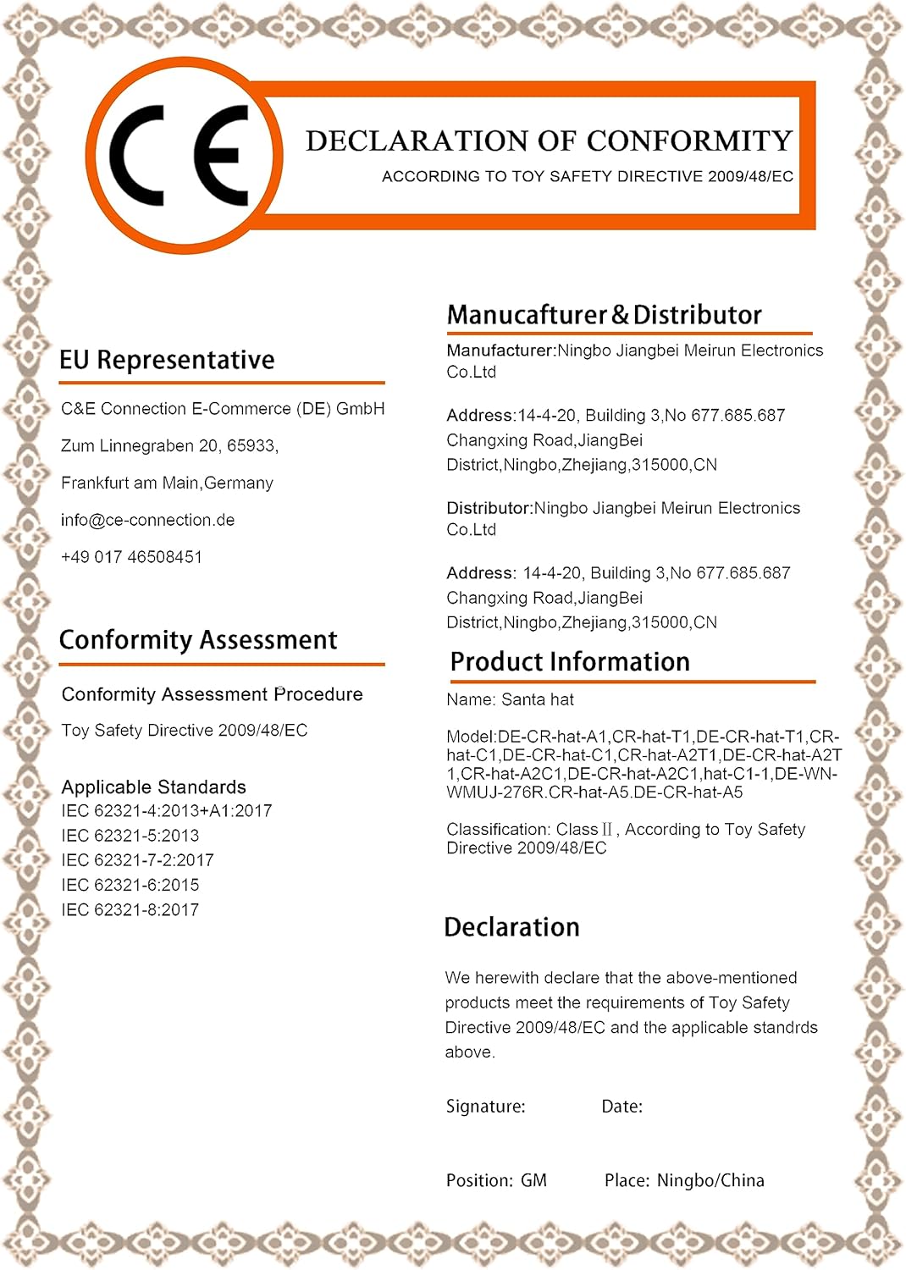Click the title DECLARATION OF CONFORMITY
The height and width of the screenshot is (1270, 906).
tap(549, 141)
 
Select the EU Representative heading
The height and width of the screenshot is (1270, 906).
tap(167, 360)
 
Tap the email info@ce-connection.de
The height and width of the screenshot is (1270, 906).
tap(147, 520)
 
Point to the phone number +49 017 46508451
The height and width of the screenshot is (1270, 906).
tap(131, 557)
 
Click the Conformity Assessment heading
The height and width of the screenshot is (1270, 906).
tap(198, 640)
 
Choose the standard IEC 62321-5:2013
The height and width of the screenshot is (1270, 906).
tap(130, 836)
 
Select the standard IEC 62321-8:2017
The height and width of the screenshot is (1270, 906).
tap(130, 910)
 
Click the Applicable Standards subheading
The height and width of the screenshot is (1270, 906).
tap(153, 787)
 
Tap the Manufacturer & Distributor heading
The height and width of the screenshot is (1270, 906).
tap(604, 315)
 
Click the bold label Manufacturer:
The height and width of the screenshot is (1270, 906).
tap(500, 351)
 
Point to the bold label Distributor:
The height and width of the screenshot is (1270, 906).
tap(489, 508)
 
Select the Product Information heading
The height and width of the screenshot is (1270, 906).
tap(570, 662)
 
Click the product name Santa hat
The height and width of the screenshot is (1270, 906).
tap(538, 700)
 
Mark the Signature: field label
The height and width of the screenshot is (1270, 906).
tap(485, 1107)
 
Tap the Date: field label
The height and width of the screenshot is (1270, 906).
tap(621, 1107)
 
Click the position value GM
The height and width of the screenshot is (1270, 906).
tap(533, 1180)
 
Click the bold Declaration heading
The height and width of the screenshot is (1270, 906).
tap(511, 927)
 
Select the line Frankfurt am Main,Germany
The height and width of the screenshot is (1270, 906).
tap(167, 483)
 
